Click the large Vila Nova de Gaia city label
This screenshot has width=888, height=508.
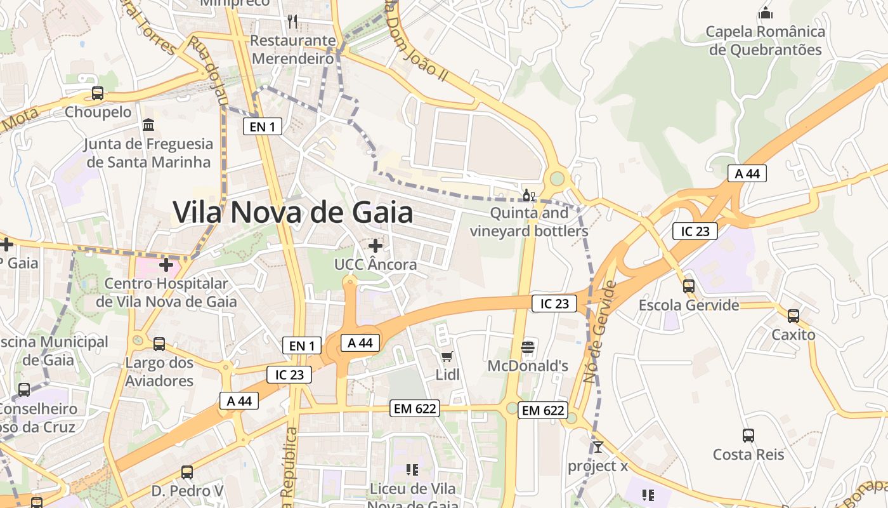[293, 212]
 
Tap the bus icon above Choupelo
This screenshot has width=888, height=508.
[98, 93]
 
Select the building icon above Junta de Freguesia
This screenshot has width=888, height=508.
[148, 124]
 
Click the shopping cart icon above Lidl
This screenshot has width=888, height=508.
[447, 356]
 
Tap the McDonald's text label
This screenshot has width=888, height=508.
[528, 366]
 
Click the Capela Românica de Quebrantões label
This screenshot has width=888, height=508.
[766, 41]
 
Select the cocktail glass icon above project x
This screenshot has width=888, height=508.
[597, 447]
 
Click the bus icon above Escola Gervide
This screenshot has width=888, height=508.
[689, 286]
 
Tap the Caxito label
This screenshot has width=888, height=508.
[793, 335]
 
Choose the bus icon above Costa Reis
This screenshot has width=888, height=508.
[748, 436]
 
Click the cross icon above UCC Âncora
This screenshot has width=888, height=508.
[375, 245]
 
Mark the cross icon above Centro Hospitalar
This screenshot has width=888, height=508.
[166, 264]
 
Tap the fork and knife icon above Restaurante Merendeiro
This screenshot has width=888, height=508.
[292, 22]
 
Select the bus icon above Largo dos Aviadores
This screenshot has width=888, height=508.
[159, 344]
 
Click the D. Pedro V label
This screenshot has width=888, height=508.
[188, 491]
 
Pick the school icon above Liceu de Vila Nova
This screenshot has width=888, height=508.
[412, 470]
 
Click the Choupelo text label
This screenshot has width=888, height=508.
[98, 112]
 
